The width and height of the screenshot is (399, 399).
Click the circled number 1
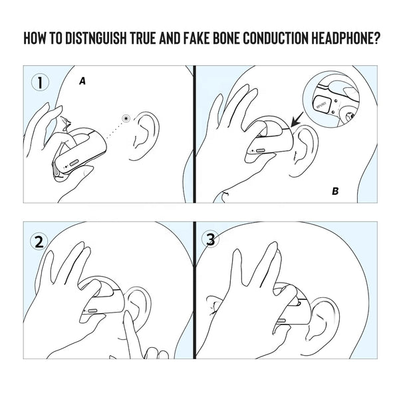[x=41, y=82]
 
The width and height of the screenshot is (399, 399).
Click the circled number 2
[x=41, y=241]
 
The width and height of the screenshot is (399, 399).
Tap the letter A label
[x=82, y=80]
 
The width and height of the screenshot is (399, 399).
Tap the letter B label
[x=335, y=192]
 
